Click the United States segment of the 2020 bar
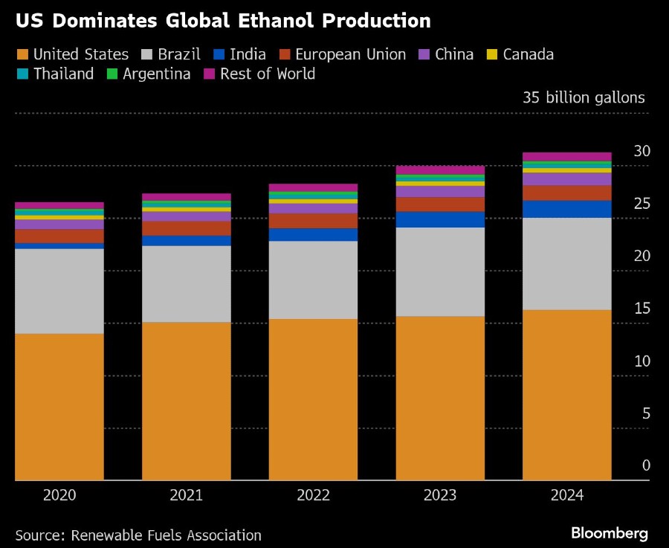59,407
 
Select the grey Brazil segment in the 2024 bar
567,263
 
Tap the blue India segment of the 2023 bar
440,219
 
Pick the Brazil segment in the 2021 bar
187,283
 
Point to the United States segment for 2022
313,399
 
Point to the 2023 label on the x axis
440,495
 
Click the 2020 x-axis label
59,495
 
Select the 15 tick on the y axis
641,309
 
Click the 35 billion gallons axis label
584,97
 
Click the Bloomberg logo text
610,533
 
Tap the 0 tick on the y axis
646,465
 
